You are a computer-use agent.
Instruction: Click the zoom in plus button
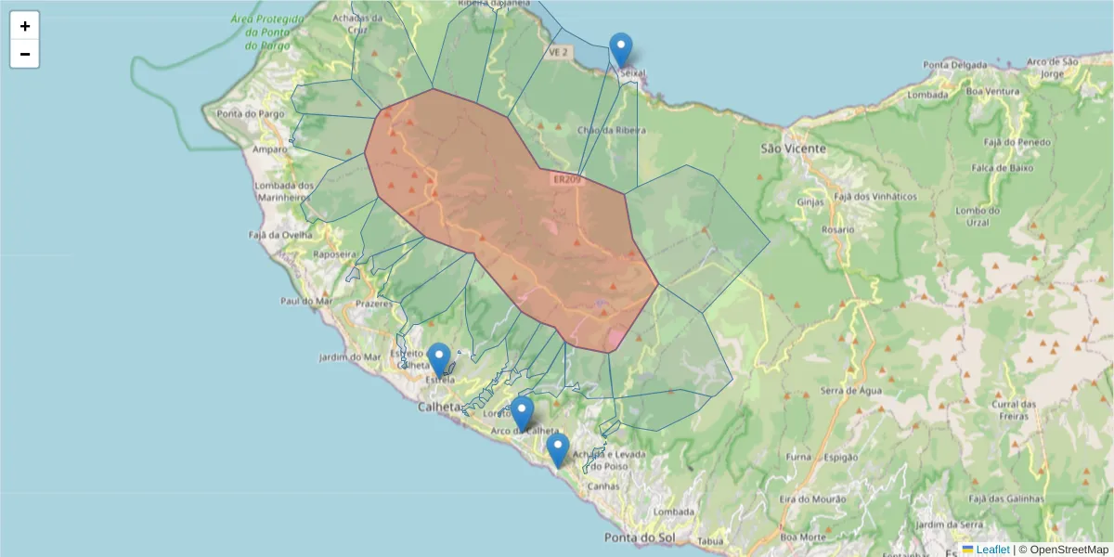point(25,26)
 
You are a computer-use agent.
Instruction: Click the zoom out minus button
point(25,54)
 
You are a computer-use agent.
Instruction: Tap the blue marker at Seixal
point(620,49)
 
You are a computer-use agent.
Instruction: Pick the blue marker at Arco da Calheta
point(523,414)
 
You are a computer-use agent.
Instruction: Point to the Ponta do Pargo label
point(242,114)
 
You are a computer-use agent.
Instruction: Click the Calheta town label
point(440,407)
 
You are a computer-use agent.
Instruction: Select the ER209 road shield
point(566,179)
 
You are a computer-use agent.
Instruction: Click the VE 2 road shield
point(557,53)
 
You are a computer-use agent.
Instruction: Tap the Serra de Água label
point(850,390)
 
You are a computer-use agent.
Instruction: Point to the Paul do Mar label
point(306,301)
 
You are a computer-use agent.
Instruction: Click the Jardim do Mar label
point(349,356)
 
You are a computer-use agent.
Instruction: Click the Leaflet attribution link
point(991,550)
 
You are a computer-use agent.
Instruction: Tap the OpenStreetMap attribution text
point(1064,550)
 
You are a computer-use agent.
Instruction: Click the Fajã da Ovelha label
point(285,235)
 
